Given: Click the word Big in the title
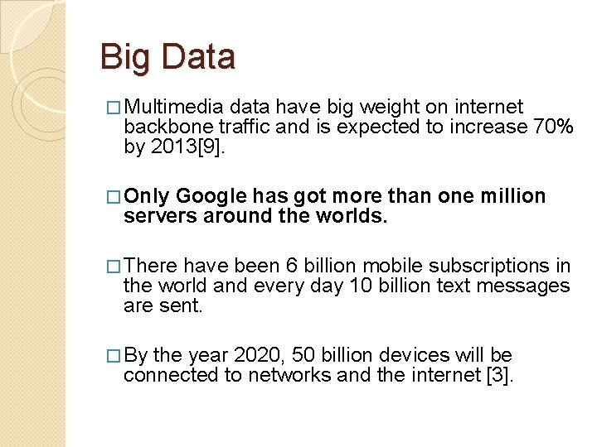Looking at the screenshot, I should click(120, 57).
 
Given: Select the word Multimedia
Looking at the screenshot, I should click(176, 107).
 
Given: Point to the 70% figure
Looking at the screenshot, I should click(553, 127).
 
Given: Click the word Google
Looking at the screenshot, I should click(211, 196).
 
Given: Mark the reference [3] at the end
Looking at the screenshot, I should click(502, 375).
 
